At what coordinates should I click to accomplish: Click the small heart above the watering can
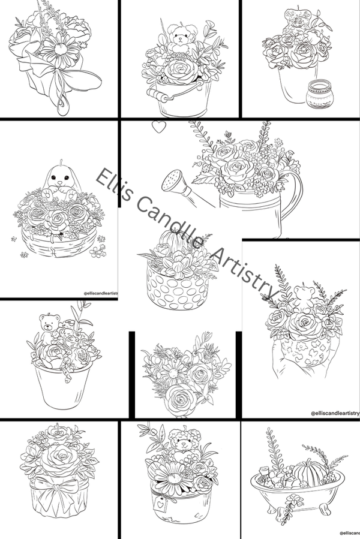pyautogui.click(x=158, y=127)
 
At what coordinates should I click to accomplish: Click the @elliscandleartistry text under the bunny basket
pyautogui.click(x=100, y=293)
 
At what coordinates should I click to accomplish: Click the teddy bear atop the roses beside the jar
pyautogui.click(x=296, y=20)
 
